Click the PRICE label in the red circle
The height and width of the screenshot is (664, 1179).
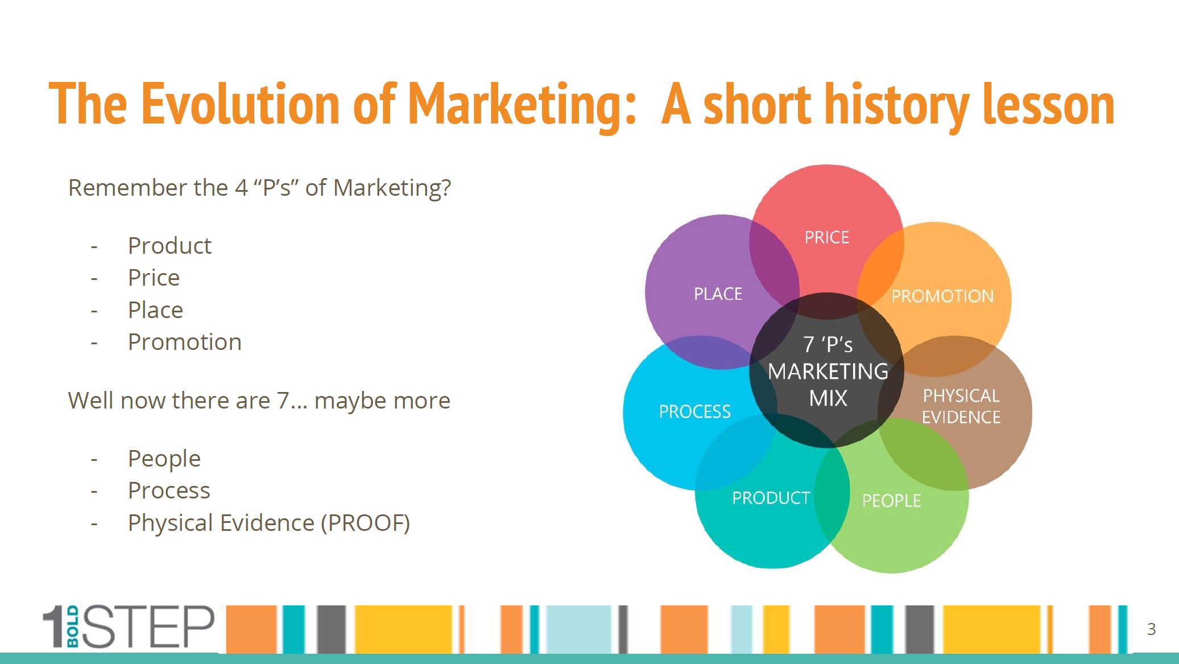826,237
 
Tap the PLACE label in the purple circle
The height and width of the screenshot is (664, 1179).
718,294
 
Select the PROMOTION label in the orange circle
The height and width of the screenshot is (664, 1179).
942,296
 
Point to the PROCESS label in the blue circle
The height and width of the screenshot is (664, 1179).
694,411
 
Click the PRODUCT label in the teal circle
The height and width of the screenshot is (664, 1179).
771,498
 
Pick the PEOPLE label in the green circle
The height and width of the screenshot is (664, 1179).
891,501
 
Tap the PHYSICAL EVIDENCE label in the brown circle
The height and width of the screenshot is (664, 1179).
961,406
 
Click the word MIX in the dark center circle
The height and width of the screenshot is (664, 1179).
828,398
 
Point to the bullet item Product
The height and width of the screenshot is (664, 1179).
169,246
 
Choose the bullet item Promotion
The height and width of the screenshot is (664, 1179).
185,342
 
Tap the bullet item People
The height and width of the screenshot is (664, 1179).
164,459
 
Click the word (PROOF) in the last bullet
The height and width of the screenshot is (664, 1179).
365,523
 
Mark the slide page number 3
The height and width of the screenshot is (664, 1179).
1151,629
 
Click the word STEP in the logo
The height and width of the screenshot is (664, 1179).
149,626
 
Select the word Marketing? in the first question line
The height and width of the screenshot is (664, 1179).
392,188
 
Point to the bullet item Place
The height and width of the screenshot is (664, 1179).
155,310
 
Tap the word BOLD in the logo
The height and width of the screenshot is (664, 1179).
73,626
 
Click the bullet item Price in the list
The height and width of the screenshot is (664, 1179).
154,278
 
